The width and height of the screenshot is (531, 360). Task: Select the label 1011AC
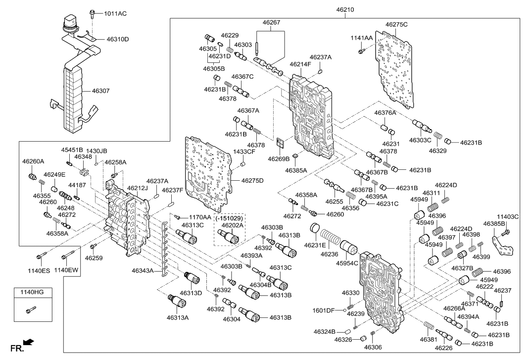pos(115,13)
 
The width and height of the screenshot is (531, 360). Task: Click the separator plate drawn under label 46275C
pos(396,69)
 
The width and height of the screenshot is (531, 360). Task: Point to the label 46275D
pos(252,181)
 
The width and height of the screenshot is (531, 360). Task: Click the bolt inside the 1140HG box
pos(31,310)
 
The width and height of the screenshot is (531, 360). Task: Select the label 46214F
pos(300,64)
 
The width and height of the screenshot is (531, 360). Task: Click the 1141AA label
pos(362,38)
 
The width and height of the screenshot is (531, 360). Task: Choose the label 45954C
pos(348,263)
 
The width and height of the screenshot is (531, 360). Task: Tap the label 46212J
pos(137,188)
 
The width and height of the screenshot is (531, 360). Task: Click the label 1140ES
pos(39,270)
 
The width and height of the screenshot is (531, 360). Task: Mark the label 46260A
pos(33,161)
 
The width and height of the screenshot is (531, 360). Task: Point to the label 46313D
pos(191,293)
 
